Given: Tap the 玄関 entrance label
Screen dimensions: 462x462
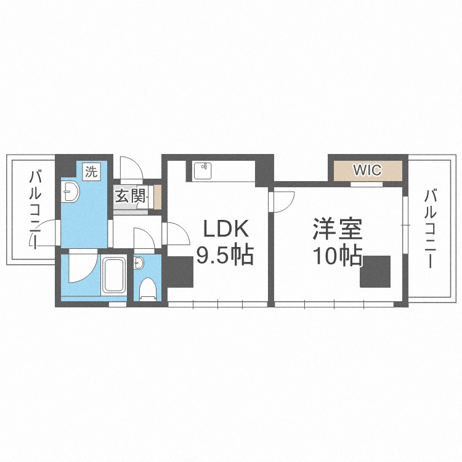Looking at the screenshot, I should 130,197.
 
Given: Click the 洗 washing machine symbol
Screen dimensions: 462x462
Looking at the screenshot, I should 91,172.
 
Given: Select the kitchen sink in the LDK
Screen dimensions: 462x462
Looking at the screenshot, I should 203,171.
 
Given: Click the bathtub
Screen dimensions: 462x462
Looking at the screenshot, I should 115,276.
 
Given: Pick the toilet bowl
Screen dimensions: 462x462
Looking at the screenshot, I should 148,288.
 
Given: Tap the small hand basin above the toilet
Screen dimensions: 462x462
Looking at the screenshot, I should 139,264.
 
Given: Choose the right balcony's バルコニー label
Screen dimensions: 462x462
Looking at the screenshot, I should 430,229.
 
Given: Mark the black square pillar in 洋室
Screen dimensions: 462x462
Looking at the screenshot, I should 376,272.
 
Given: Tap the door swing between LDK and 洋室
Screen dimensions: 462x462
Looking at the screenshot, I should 283,201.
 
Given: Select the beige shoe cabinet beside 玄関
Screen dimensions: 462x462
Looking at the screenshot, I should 158,197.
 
